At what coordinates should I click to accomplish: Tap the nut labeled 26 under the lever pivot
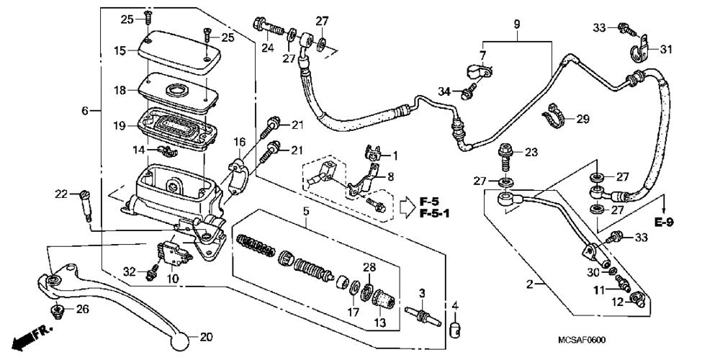57,310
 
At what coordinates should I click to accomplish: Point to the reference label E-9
664,222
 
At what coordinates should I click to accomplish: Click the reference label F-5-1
434,214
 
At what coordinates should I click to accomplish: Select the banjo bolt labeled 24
269,27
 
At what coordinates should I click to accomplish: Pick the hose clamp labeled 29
554,116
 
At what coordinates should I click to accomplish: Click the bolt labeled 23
505,158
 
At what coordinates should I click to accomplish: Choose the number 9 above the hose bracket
517,24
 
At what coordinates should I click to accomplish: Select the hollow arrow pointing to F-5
406,207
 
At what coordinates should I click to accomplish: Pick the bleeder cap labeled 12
637,300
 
